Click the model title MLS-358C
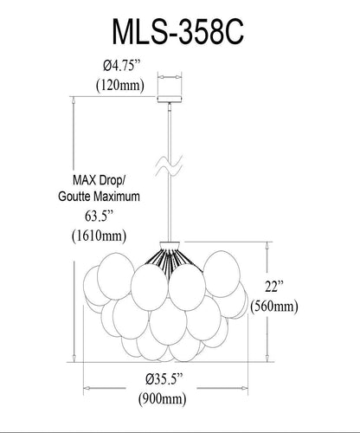point(178,31)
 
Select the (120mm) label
point(120,86)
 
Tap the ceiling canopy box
point(170,99)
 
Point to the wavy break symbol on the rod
point(170,165)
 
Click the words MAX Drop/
point(99,181)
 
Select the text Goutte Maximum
point(99,197)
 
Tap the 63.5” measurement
point(99,216)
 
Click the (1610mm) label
point(99,236)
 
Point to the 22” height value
point(274,287)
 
